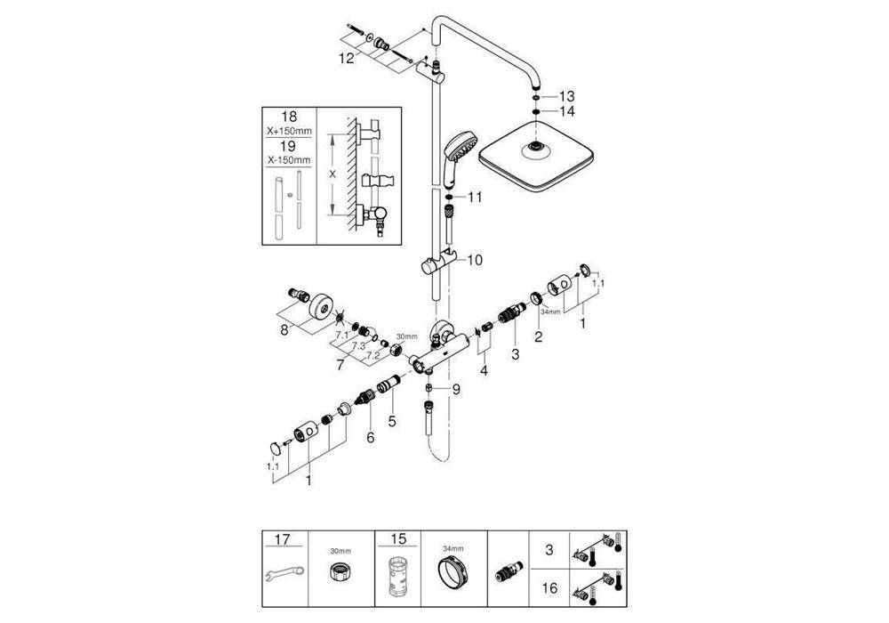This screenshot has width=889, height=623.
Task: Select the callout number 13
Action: click(x=567, y=95)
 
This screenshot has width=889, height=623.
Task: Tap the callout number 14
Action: click(x=567, y=111)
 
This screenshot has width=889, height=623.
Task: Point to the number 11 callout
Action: click(x=475, y=197)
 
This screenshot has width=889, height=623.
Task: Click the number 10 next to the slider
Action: click(x=474, y=260)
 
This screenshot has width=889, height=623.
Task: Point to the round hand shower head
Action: click(x=459, y=145)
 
